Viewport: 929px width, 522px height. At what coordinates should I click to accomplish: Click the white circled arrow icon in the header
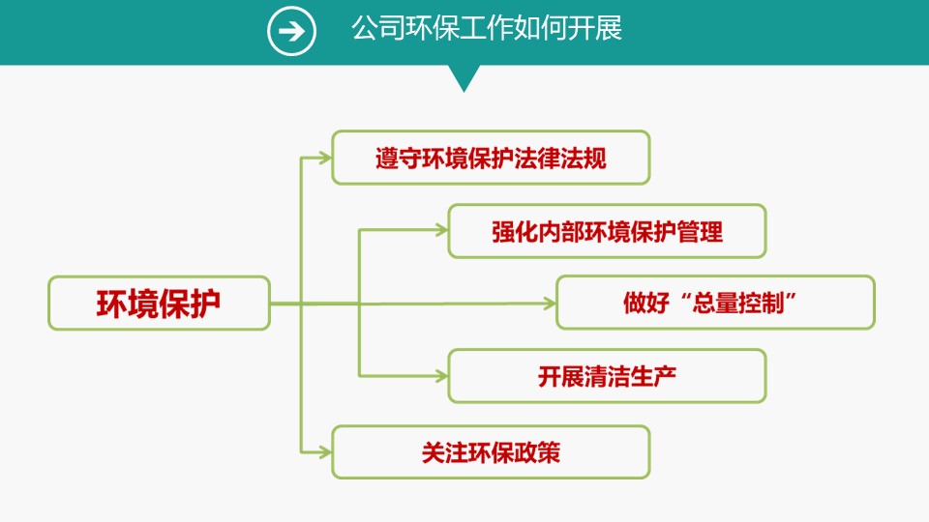tap(291, 31)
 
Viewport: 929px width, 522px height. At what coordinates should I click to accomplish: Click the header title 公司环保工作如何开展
tap(487, 28)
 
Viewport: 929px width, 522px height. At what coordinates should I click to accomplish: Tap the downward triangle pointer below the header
tap(464, 78)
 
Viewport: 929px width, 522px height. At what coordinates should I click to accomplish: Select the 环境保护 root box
tap(159, 303)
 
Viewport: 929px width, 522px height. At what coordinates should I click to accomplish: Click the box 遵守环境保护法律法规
tap(491, 158)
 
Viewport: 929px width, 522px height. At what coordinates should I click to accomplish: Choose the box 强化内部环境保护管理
tap(607, 231)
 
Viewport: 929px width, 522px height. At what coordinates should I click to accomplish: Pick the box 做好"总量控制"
tap(715, 303)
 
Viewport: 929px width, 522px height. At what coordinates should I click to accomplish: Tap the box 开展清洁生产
tap(607, 376)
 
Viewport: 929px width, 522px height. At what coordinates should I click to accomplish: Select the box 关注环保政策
tap(491, 452)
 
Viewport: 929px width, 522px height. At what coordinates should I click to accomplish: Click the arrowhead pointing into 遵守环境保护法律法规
tap(325, 158)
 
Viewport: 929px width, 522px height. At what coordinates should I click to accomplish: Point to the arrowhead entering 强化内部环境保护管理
tap(441, 230)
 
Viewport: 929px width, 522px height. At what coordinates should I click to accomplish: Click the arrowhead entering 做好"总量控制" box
tap(550, 304)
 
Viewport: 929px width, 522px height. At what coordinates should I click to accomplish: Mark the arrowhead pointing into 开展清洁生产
tap(441, 376)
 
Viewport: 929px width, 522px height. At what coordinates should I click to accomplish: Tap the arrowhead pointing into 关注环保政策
tap(325, 452)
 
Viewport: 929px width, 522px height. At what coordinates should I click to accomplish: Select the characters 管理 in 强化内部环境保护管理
tap(700, 232)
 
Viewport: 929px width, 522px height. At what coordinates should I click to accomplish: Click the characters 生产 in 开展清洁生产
tap(653, 377)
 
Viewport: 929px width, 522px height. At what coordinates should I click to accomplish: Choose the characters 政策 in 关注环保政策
tap(537, 452)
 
